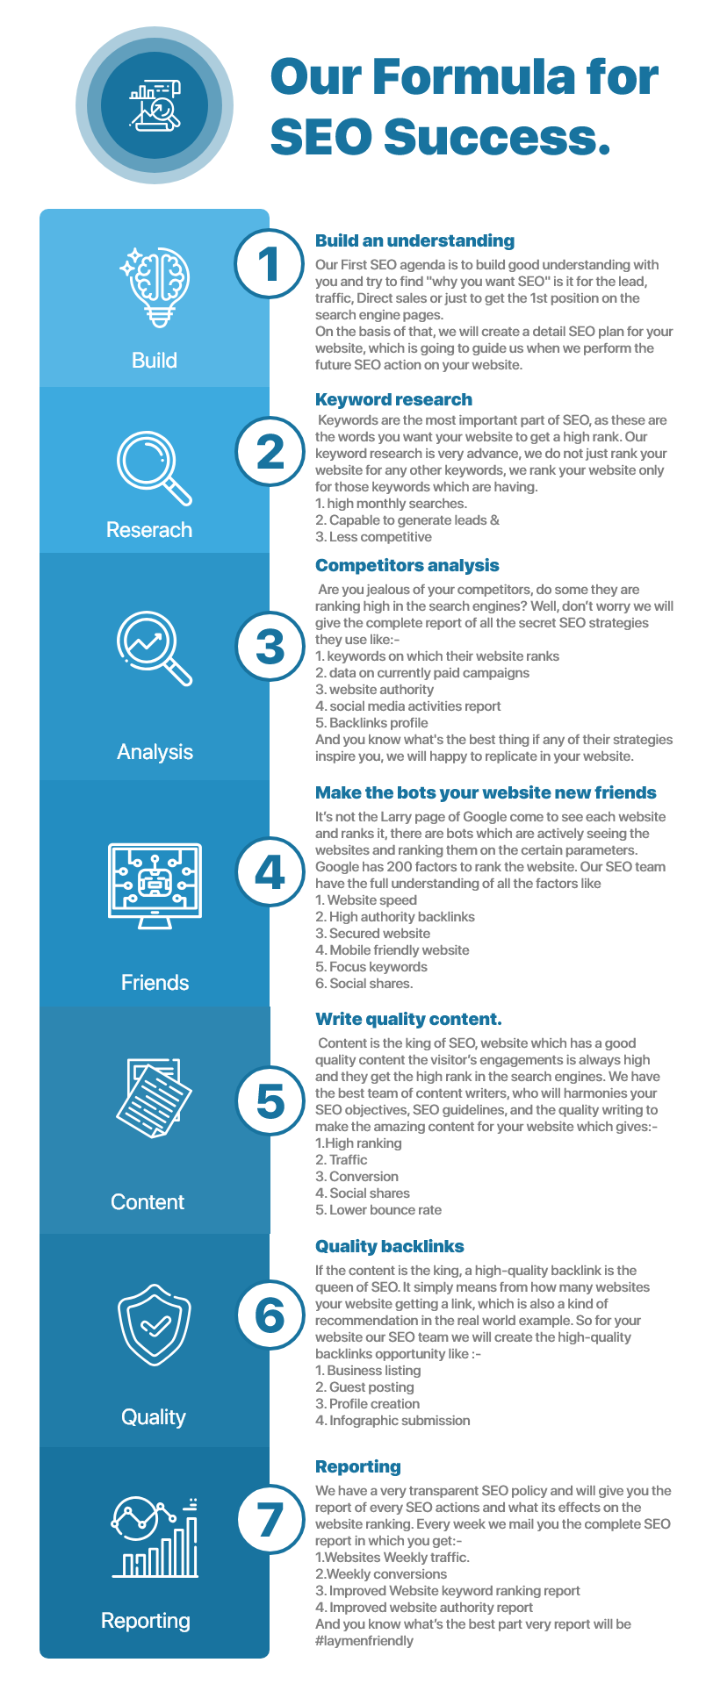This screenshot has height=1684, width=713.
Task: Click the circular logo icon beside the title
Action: [155, 105]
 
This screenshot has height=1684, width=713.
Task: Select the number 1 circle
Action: [270, 263]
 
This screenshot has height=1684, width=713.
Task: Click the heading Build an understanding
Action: [414, 240]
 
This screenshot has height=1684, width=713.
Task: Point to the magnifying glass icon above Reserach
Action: [155, 468]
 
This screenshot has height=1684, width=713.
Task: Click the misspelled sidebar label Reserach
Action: [149, 530]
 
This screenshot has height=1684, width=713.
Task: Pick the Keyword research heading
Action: [393, 399]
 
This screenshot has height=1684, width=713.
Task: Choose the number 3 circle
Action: [270, 647]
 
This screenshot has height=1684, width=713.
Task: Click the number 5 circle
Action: [270, 1101]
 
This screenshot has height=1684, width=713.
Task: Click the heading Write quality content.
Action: [408, 1019]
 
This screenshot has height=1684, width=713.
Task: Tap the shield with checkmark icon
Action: [155, 1325]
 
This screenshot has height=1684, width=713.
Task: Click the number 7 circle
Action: [270, 1520]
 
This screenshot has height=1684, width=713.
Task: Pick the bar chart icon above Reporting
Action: [155, 1536]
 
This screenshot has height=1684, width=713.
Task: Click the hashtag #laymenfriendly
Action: [364, 1641]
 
